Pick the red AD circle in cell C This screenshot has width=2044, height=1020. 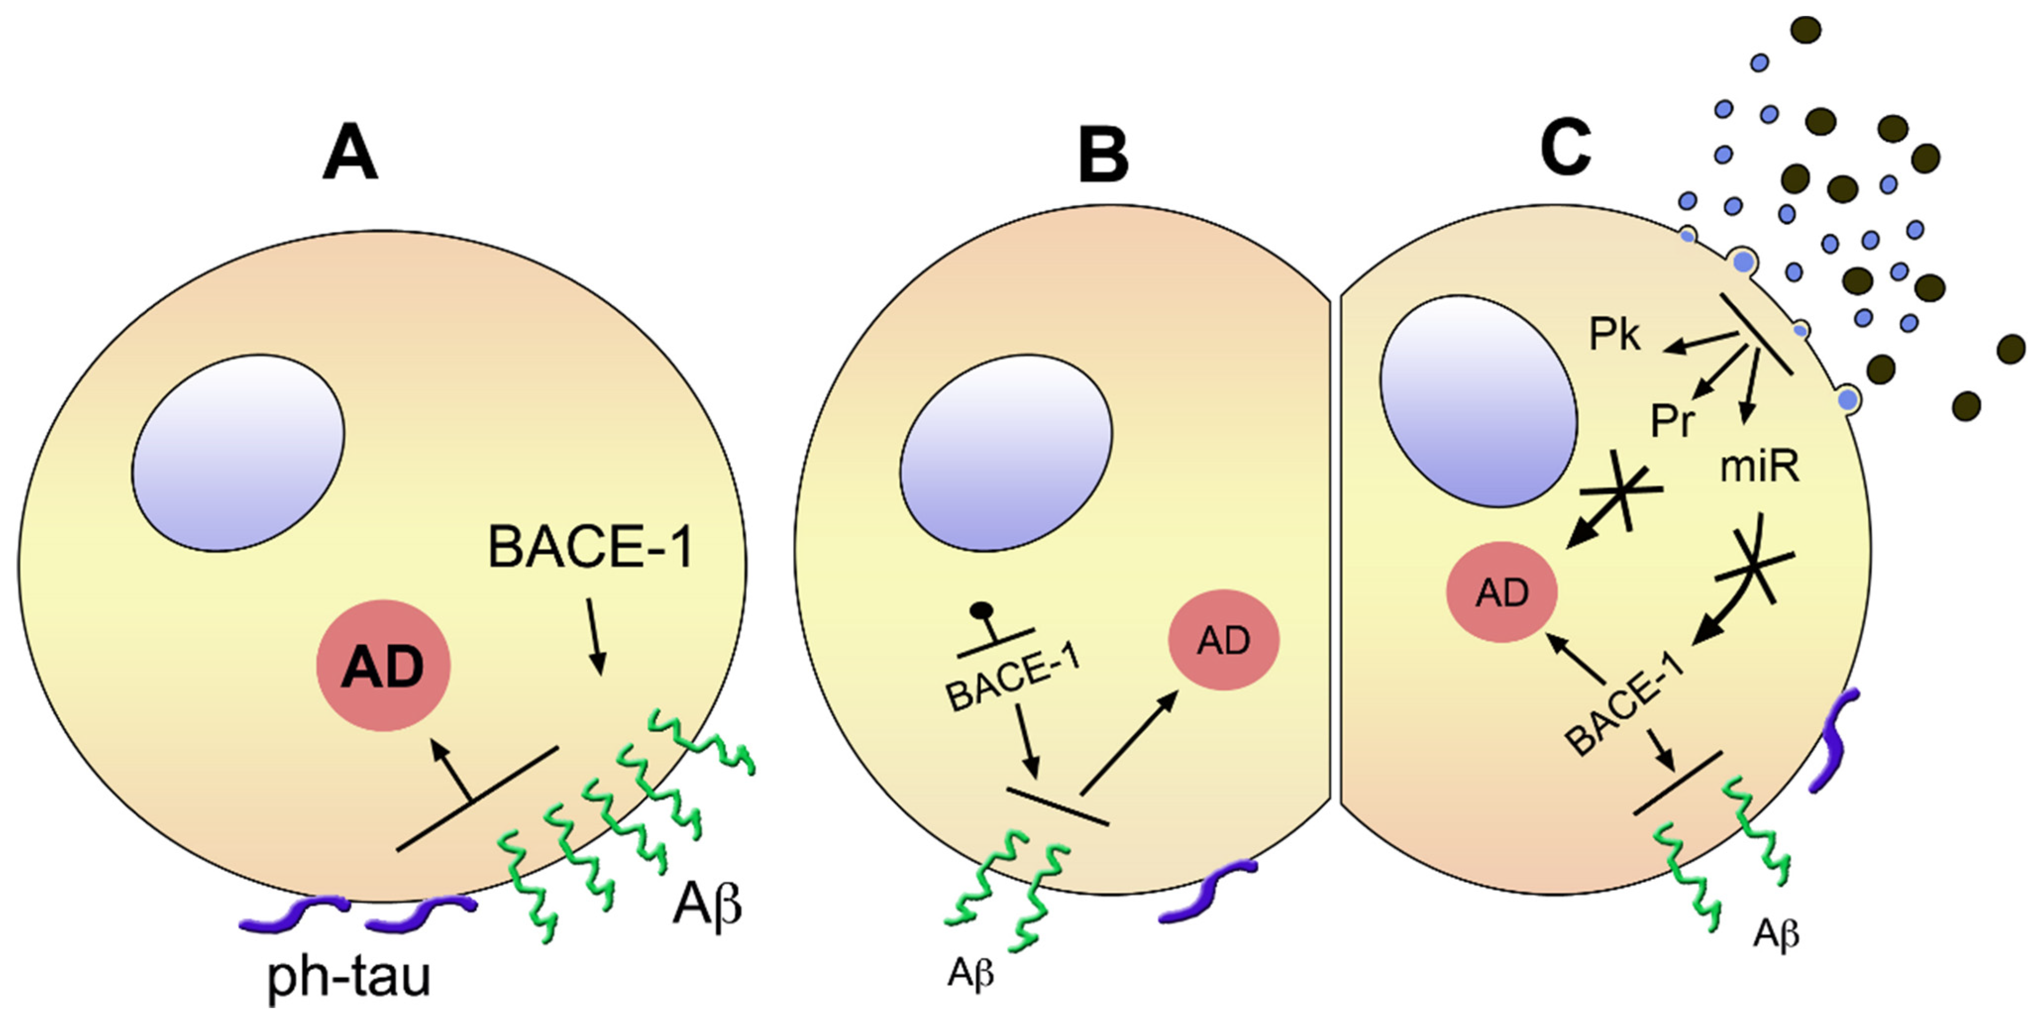tap(1503, 592)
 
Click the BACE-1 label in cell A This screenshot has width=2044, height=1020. tap(591, 547)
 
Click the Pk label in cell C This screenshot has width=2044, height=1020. tap(1614, 336)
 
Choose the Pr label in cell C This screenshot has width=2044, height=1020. tap(1672, 421)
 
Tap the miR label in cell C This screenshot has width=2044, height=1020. tap(1758, 468)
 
